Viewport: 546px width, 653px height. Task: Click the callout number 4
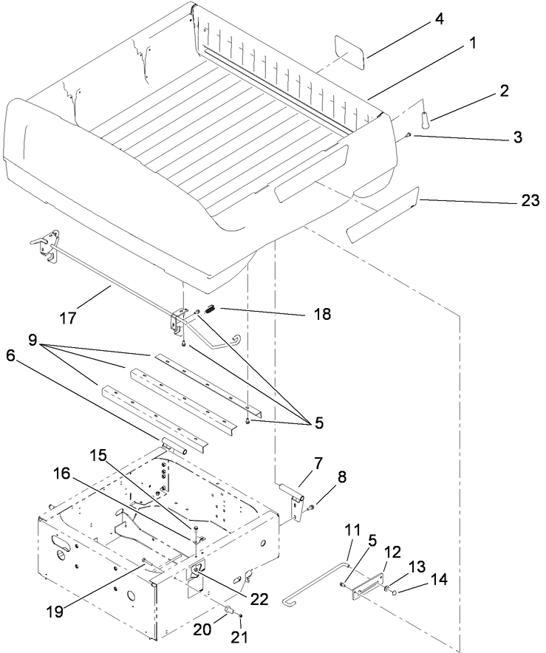[x=439, y=17]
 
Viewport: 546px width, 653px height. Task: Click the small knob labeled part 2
[x=426, y=116]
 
